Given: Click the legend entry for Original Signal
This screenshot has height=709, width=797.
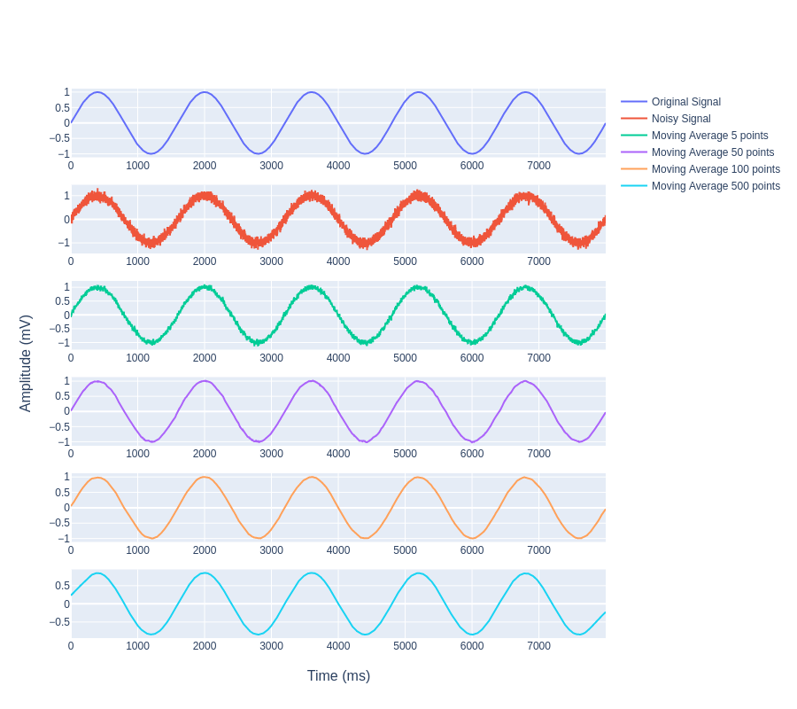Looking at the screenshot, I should tap(685, 102).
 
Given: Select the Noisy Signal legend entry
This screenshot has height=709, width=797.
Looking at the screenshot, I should tap(680, 119).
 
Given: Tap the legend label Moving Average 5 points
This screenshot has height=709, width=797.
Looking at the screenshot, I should tap(709, 136).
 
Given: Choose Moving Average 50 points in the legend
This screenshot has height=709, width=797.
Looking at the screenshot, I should tap(712, 152).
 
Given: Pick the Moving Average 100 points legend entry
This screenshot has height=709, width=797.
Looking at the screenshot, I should tap(716, 169).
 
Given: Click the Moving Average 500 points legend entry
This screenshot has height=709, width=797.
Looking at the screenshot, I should tap(716, 186).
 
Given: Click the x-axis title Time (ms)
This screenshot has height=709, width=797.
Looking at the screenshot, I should tap(338, 676).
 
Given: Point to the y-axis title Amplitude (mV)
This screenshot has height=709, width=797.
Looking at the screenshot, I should tap(26, 363).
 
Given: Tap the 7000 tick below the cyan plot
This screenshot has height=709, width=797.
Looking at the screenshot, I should tap(539, 646).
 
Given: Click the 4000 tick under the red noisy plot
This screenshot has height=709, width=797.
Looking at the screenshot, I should tap(338, 261).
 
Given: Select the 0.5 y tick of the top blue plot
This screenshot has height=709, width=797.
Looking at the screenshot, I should tap(62, 108).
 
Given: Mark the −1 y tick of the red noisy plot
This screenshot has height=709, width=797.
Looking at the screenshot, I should tap(64, 243).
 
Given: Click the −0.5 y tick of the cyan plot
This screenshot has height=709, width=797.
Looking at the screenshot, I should tap(59, 622).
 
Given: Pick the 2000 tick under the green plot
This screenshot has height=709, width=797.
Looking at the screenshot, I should tap(205, 358).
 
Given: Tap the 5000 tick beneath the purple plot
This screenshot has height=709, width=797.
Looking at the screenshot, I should tap(405, 454).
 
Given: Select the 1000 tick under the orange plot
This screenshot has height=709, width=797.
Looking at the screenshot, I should tap(137, 550).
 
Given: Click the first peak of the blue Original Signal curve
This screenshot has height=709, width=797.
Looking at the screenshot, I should tap(97, 92).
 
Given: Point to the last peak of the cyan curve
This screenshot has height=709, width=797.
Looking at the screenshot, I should tap(527, 573).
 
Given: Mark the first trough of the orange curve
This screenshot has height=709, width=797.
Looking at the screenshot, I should tap(151, 538).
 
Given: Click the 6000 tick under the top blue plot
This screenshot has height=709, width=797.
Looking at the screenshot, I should tap(472, 166).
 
